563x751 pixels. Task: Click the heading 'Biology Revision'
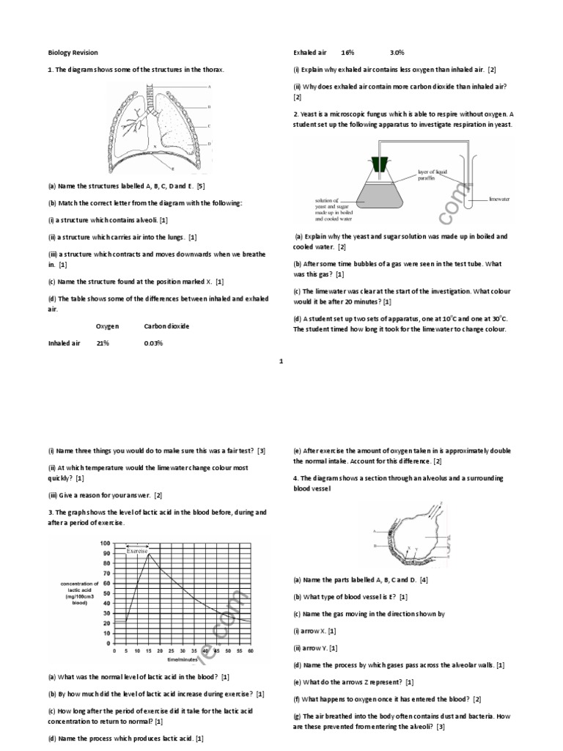[x=73, y=53]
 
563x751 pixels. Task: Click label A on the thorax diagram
[x=210, y=87]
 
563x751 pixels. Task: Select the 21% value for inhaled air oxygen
[x=103, y=342]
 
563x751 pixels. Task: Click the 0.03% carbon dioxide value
[x=153, y=342]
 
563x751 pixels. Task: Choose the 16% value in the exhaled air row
[x=347, y=53]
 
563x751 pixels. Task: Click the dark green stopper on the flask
[x=380, y=165]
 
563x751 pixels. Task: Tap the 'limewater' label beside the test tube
[x=499, y=199]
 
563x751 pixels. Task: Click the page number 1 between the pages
[x=281, y=361]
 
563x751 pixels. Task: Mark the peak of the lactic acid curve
[x=149, y=554]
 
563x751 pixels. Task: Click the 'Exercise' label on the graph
[x=137, y=549]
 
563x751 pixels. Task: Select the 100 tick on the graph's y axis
[x=106, y=543]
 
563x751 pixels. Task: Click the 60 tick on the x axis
[x=250, y=651]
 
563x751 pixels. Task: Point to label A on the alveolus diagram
[x=374, y=531]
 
